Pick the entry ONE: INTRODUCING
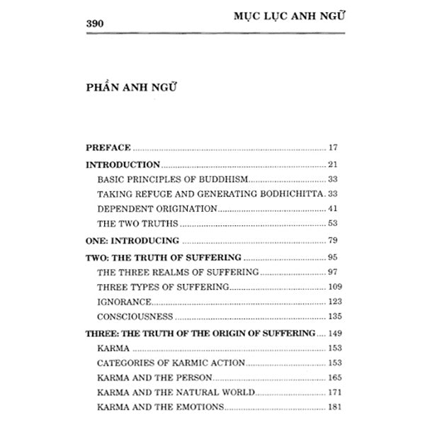[132, 241]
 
